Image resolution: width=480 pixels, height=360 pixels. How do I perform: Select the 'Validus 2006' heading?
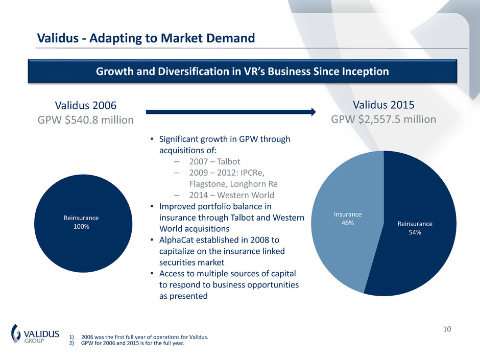(85, 105)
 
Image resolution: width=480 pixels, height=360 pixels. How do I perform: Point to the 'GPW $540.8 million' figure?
(85, 120)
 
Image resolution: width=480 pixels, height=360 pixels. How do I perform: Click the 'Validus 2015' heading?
(383, 105)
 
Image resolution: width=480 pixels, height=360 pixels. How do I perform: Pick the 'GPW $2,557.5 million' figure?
(383, 119)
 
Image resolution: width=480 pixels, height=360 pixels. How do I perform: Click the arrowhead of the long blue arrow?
(313, 111)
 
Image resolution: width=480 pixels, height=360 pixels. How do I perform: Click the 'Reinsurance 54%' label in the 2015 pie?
(415, 228)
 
